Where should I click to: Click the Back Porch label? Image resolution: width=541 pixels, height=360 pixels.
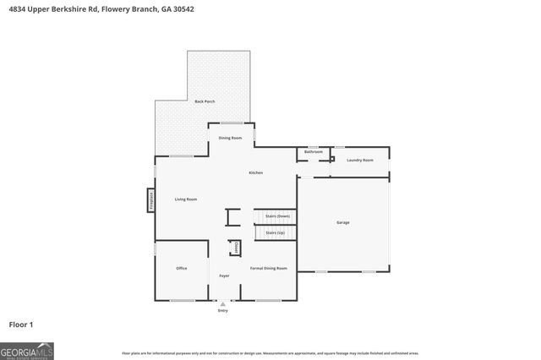tap(205, 101)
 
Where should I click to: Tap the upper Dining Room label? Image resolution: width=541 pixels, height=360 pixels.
tap(231, 138)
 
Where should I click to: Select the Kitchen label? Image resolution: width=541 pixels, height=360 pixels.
tap(255, 172)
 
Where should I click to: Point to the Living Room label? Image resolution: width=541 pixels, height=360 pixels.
tap(186, 199)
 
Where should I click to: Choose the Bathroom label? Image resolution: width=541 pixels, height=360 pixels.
tap(314, 152)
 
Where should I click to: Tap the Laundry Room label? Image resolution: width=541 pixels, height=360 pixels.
tap(360, 160)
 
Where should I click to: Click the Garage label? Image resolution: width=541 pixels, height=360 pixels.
tap(343, 222)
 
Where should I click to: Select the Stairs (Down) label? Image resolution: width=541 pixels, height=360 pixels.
tap(277, 216)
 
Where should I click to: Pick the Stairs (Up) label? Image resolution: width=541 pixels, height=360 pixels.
tap(276, 232)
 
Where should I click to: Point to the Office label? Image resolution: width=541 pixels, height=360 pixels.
tap(181, 268)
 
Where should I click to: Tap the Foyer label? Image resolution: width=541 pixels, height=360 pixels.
tap(224, 276)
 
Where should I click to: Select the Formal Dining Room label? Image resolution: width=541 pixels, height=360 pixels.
tap(269, 268)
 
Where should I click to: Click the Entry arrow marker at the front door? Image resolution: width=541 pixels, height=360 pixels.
tap(223, 303)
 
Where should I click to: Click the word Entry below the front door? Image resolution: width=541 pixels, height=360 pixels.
tap(223, 311)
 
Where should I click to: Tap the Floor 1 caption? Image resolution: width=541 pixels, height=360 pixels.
tap(20, 324)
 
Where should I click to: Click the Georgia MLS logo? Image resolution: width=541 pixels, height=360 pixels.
tap(27, 351)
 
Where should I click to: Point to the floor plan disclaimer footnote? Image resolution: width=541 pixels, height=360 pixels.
tap(270, 353)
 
